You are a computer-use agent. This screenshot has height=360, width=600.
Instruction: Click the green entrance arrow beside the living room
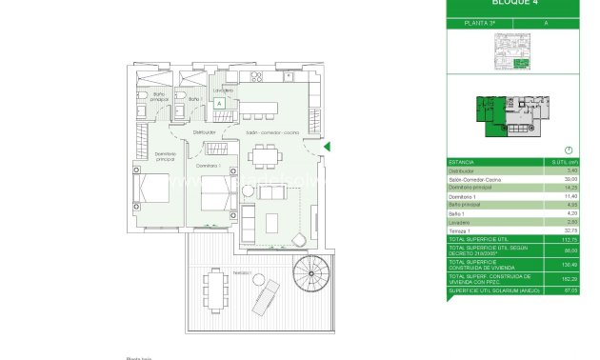327,147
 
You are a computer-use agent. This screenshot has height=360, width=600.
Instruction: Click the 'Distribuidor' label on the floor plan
204,132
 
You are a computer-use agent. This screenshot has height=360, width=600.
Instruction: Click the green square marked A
219,103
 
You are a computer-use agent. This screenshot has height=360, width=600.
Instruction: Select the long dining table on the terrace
212,289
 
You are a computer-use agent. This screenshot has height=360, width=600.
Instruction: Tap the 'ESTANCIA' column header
462,163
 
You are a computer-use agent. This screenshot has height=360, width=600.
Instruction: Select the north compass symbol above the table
568,150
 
